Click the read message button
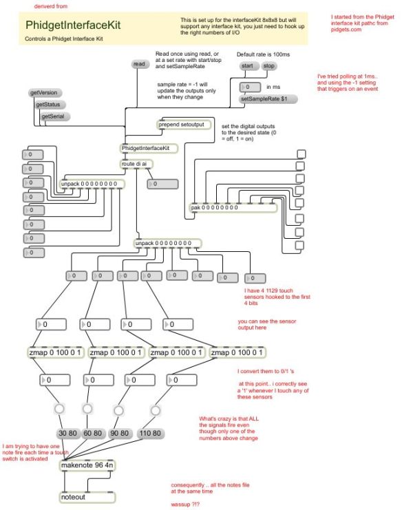point(140,64)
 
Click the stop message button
point(268,66)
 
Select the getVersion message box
point(43,92)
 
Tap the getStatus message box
point(50,104)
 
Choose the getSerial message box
point(55,116)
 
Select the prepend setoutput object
point(184,125)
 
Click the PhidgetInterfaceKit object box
point(148,148)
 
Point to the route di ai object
point(137,163)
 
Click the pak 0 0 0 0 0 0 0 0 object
point(233,207)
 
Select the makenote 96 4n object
point(87,465)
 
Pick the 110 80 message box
point(152,434)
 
